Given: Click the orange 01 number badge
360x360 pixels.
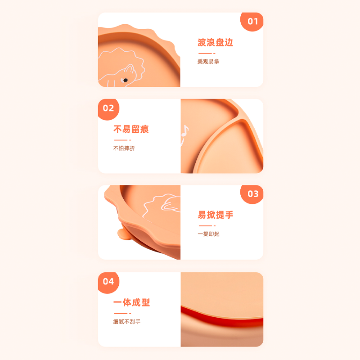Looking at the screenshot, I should point(252,21).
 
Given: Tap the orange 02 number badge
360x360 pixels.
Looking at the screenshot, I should point(108,108).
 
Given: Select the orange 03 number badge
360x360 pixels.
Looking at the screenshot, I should point(253,194).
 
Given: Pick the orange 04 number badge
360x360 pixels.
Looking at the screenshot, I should point(108,282).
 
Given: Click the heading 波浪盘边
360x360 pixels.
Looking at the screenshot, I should point(216,43).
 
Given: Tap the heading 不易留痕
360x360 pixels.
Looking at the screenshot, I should point(131,129).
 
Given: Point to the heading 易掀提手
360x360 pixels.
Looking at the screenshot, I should point(216,215).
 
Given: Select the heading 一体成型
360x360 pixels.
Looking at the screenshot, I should point(131,302).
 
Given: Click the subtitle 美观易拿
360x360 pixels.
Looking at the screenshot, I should point(208,61).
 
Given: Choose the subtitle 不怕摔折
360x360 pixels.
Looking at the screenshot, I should point(124,148).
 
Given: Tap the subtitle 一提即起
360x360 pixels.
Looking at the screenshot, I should point(208,234).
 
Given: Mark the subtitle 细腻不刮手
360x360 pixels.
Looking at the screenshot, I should point(127,322).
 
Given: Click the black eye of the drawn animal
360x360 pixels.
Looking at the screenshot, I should point(125,80).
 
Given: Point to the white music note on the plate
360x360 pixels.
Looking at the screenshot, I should point(184,132).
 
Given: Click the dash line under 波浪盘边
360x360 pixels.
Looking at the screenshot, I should point(207,53).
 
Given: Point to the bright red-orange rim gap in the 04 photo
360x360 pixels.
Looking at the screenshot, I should point(220,317).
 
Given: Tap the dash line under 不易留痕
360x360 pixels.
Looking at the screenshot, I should point(122,140).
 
